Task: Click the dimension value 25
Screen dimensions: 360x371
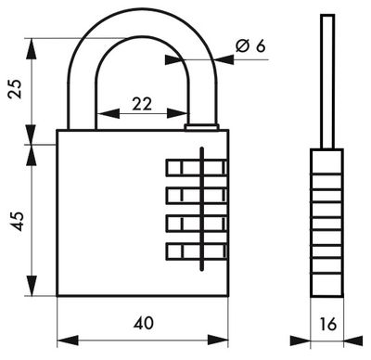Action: pyautogui.click(x=12, y=90)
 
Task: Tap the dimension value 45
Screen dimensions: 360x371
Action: pyautogui.click(x=15, y=220)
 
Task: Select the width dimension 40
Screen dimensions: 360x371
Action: pyautogui.click(x=143, y=323)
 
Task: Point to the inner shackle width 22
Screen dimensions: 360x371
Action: pyautogui.click(x=141, y=105)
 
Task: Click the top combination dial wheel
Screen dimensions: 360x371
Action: pyautogui.click(x=196, y=168)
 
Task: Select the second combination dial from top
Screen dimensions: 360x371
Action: pyautogui.click(x=196, y=195)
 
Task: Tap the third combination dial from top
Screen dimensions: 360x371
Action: pyautogui.click(x=196, y=223)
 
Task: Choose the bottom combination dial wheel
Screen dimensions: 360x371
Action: pyautogui.click(x=196, y=251)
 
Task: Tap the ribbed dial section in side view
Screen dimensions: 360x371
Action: pyautogui.click(x=326, y=222)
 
